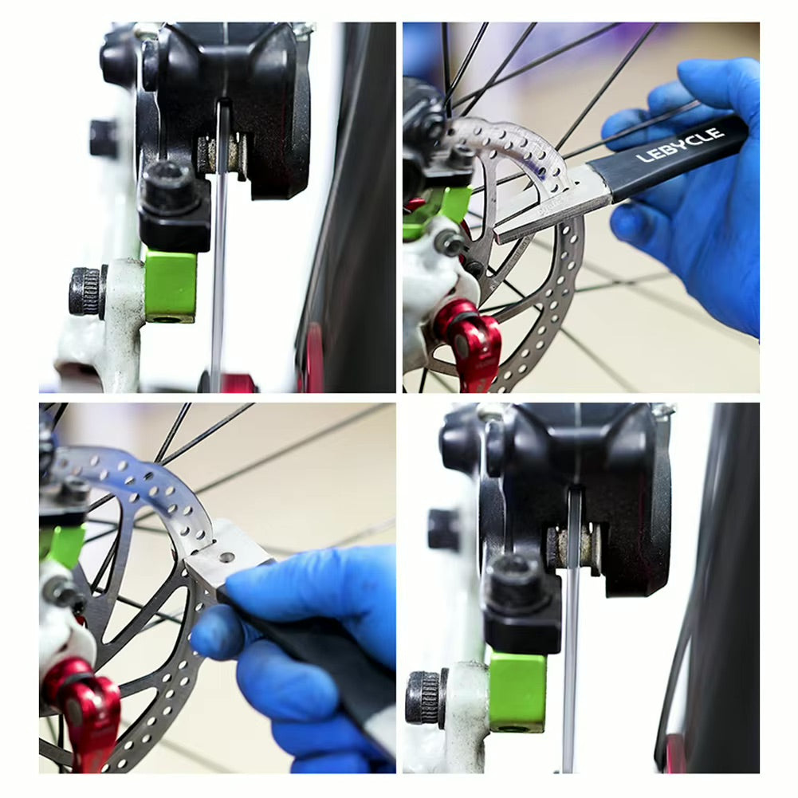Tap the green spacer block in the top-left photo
(170, 285)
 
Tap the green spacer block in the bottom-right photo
(517, 690)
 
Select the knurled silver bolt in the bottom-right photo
(425, 698)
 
